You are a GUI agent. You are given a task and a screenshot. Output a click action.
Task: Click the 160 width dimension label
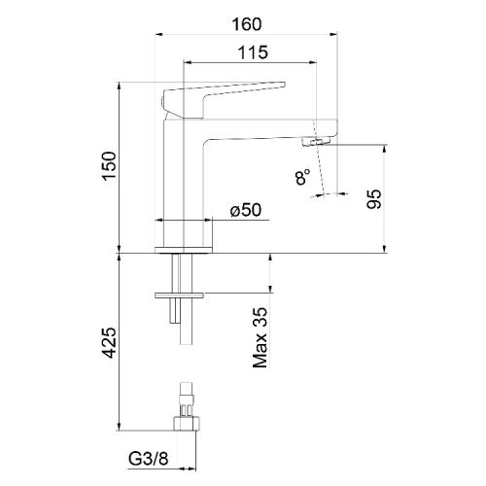pyautogui.click(x=247, y=24)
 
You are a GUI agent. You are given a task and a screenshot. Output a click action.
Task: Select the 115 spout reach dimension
pyautogui.click(x=253, y=52)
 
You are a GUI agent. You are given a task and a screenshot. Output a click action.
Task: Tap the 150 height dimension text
pyautogui.click(x=110, y=165)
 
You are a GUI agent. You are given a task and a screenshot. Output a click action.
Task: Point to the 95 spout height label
pyautogui.click(x=374, y=199)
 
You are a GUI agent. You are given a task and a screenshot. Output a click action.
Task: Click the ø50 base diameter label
pyautogui.click(x=246, y=210)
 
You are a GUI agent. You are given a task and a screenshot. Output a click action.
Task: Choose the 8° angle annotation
pyautogui.click(x=302, y=177)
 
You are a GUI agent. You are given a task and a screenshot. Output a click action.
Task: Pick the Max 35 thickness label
pyautogui.click(x=260, y=337)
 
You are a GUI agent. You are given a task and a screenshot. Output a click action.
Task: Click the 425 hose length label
pyautogui.click(x=110, y=343)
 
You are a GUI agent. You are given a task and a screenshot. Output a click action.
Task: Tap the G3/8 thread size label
pyautogui.click(x=149, y=459)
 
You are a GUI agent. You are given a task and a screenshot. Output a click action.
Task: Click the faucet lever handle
pyautogui.click(x=224, y=98)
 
